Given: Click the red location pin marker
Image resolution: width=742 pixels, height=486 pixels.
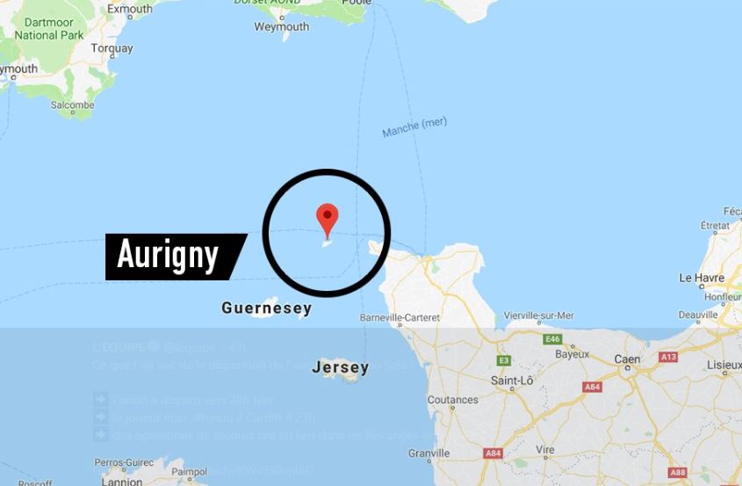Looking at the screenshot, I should (328, 217).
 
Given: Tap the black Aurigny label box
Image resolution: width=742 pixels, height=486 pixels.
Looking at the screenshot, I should (171, 256).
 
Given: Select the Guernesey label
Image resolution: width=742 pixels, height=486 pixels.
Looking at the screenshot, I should (266, 308).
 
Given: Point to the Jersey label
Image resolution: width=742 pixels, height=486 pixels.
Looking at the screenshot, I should (340, 367).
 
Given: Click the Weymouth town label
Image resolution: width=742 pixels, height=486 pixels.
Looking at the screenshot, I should (281, 27).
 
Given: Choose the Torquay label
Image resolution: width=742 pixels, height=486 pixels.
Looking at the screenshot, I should (112, 48).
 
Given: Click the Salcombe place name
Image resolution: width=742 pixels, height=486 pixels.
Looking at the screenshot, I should (72, 105).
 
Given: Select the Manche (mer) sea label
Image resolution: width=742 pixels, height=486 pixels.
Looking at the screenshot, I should (414, 127).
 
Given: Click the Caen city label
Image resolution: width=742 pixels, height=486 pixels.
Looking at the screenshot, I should (627, 359).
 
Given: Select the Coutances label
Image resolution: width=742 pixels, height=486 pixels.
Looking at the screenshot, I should (452, 400).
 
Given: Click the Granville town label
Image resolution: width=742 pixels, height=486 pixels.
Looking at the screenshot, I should (429, 453).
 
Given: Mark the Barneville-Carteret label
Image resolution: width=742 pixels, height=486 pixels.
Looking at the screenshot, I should (400, 317).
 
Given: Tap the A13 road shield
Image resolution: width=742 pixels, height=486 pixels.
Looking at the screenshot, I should (669, 357).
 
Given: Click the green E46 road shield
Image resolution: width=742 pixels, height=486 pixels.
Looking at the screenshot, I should (552, 339).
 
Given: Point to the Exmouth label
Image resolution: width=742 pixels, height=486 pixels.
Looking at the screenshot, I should (129, 10).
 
